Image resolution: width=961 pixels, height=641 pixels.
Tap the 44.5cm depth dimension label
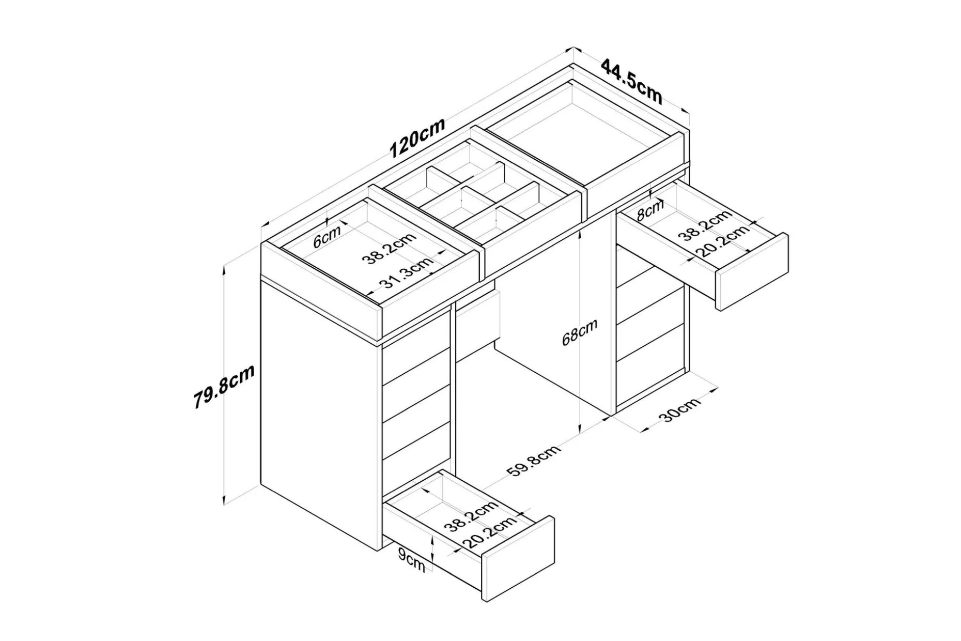(x=631, y=81)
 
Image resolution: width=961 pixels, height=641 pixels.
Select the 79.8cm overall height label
(x=224, y=387)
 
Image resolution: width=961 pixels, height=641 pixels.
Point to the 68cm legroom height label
(x=580, y=332)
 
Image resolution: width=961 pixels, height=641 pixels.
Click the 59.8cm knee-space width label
(x=533, y=463)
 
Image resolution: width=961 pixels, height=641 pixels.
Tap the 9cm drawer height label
(x=411, y=560)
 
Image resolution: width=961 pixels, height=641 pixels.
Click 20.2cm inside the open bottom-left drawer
(x=489, y=532)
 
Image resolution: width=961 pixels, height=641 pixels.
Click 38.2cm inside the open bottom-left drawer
(x=471, y=516)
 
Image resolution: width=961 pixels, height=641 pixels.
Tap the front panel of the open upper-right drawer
(x=752, y=272)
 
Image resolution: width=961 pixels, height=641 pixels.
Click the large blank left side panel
(x=320, y=414)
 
